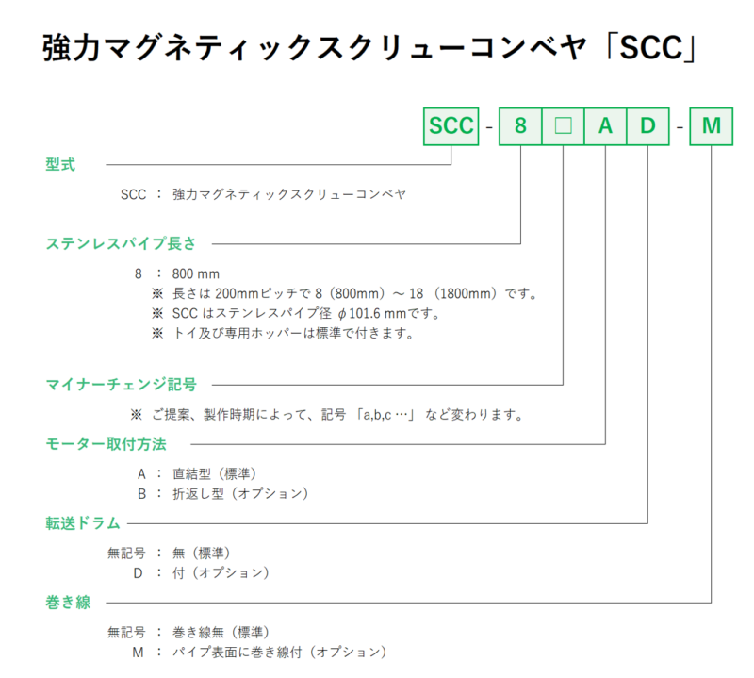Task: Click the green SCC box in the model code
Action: click(451, 126)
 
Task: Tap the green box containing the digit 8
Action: click(520, 126)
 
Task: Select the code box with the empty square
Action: click(563, 126)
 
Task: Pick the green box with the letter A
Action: click(605, 126)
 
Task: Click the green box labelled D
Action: click(647, 126)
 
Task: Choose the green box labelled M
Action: click(712, 126)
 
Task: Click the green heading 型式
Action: click(60, 165)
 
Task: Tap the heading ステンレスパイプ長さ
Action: click(122, 243)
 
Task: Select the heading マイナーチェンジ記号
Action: click(122, 385)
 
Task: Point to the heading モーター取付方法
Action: click(106, 443)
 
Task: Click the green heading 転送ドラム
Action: click(83, 523)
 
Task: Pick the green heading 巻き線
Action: click(68, 602)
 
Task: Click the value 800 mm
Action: click(196, 273)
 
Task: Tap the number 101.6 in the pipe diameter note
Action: click(365, 314)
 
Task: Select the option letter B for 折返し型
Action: click(142, 494)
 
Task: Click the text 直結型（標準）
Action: click(215, 474)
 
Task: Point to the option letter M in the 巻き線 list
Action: click(138, 653)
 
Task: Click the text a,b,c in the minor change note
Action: click(377, 415)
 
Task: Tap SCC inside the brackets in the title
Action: click(651, 48)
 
